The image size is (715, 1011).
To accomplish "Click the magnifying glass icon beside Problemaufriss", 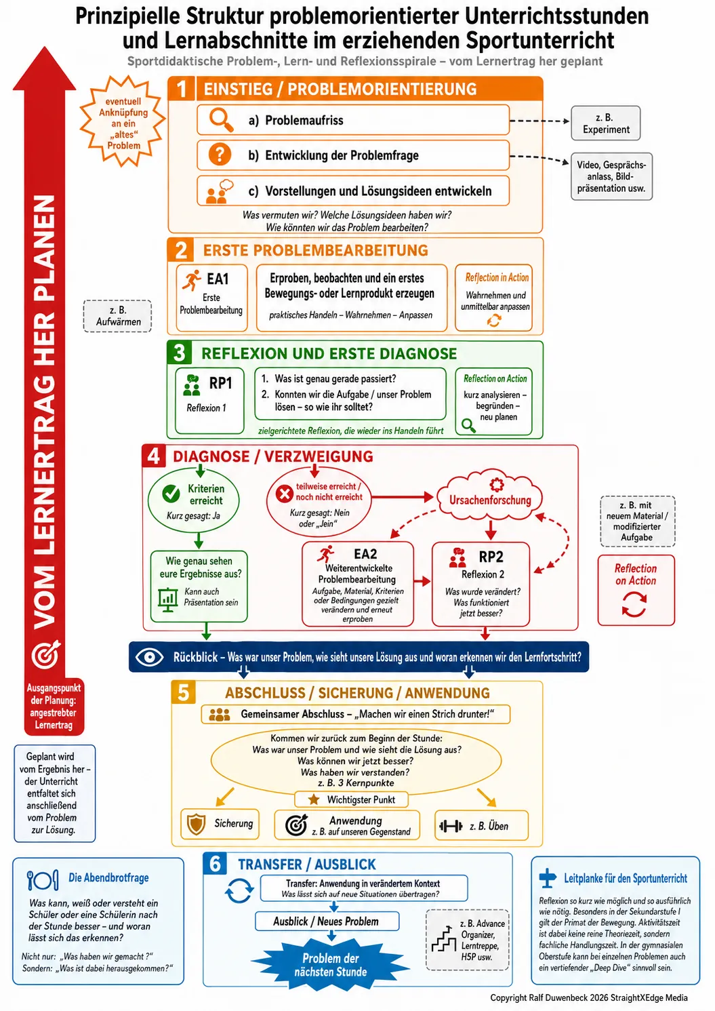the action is coord(221,120).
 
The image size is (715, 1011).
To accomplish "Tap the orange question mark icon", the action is coord(220,155).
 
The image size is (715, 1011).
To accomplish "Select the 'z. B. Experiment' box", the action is coord(605,123).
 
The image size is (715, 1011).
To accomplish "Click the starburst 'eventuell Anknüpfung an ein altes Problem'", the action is coord(123,122).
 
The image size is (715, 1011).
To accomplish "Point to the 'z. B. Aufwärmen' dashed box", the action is coord(117,316).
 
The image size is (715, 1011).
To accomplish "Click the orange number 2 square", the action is coord(181,250).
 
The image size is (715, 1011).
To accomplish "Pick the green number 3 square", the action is coord(180,353).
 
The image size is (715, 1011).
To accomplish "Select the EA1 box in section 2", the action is coord(211,298).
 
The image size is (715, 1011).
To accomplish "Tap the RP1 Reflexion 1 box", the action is coord(209,401).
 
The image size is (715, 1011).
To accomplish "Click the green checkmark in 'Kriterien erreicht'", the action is coord(171,494).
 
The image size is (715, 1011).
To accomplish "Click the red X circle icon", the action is coord(285,494).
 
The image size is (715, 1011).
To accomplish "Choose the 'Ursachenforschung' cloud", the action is coord(490,495).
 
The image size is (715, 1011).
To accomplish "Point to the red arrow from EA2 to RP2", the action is coord(422,581).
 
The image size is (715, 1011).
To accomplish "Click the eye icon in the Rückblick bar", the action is coord(149,656).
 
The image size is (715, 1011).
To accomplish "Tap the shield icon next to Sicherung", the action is coord(197,824).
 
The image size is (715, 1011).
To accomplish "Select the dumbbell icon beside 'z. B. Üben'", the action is coord(451,826).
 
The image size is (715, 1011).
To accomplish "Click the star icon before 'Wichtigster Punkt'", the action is coord(314,799).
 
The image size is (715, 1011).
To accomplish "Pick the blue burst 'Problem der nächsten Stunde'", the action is coord(331,965).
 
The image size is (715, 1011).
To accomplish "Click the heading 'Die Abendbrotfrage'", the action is coord(108,877).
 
